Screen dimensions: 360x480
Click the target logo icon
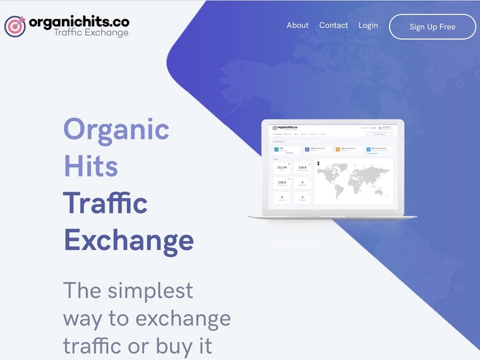coord(15,26)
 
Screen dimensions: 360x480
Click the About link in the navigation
coord(298,25)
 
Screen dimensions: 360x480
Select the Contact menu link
coord(334,25)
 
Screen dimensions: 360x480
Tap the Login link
coord(368,25)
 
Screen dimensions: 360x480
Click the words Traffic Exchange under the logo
coord(91,33)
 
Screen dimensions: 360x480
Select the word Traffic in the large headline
coord(105,203)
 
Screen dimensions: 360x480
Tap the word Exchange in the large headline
coord(129,240)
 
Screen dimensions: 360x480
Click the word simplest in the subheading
coord(150,290)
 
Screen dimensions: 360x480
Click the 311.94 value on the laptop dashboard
coord(282,168)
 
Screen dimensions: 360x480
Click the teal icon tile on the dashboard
coord(277,150)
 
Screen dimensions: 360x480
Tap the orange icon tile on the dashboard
coord(337,150)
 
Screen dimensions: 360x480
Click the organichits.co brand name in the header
coord(78,22)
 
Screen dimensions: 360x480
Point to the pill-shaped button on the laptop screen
coord(379,134)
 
